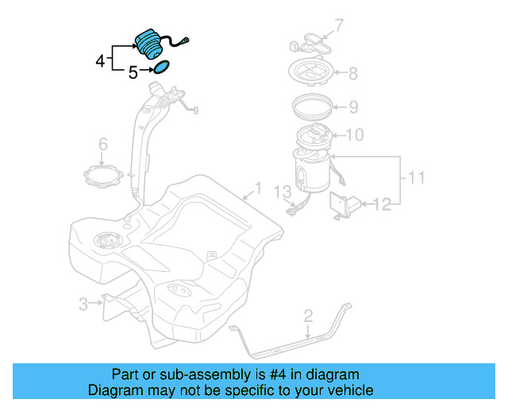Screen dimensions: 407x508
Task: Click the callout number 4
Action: pyautogui.click(x=100, y=60)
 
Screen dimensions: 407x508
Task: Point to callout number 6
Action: pyautogui.click(x=102, y=144)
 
